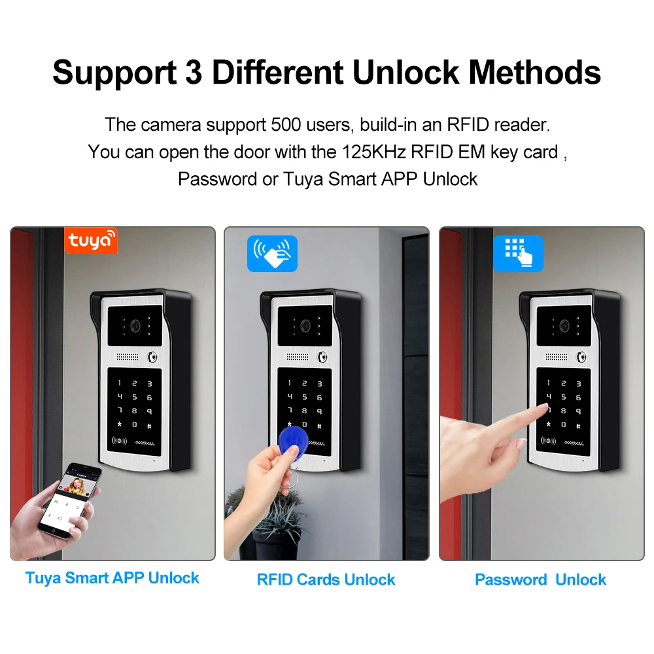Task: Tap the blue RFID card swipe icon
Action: [271, 254]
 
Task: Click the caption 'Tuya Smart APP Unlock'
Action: [112, 578]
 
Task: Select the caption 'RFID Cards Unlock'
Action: [326, 579]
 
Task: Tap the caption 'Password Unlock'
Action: [540, 579]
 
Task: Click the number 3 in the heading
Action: [193, 72]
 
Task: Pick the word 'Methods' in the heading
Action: [535, 72]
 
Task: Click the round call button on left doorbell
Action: [153, 358]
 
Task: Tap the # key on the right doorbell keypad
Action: [578, 425]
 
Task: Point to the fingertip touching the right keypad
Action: [543, 407]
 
